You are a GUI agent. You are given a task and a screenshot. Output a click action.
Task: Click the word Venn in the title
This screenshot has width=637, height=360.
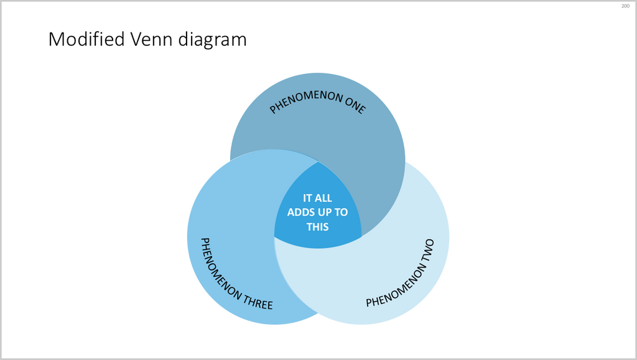click(x=147, y=40)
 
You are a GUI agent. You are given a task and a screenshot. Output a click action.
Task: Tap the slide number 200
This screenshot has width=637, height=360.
click(x=625, y=6)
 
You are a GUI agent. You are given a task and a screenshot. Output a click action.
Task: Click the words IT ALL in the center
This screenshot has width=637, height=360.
click(x=317, y=198)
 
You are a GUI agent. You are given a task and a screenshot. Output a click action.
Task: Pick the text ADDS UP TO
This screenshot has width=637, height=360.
click(x=317, y=212)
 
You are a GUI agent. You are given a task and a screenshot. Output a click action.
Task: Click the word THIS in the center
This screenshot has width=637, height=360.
click(x=317, y=226)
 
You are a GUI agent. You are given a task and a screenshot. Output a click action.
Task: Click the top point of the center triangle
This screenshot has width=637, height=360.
click(x=319, y=163)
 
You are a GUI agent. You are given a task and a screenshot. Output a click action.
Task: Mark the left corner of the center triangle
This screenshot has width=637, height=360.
click(x=275, y=236)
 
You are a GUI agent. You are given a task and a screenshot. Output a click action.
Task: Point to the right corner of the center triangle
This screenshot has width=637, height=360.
click(x=361, y=236)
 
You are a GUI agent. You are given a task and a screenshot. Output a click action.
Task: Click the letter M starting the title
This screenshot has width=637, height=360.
click(x=57, y=40)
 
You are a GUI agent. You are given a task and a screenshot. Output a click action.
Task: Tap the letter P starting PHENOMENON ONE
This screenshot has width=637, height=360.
click(x=272, y=111)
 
